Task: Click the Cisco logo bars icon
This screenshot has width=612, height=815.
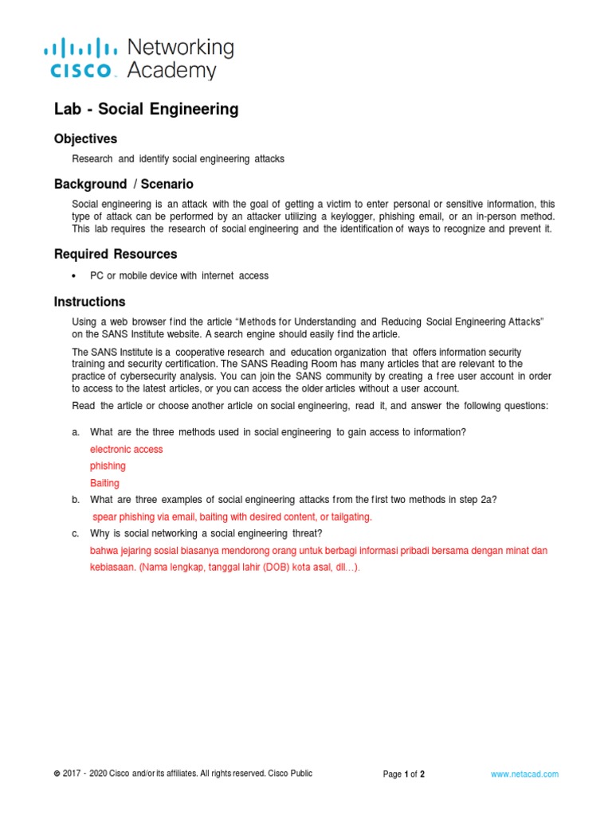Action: coord(80,48)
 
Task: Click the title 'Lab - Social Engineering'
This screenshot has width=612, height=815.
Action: coord(146,109)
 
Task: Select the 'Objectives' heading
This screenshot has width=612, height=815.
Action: coord(85,139)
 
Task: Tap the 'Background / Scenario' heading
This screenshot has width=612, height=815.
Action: coord(124,184)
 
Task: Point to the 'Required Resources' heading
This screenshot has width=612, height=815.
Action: coord(116,254)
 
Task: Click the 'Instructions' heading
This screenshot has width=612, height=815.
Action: coord(89,302)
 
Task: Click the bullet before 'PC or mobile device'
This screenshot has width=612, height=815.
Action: coord(74,276)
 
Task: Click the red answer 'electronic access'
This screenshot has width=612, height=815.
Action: coord(127,450)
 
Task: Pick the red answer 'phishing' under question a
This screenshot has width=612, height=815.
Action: coord(108,466)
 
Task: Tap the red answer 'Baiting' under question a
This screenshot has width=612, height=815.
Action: coord(105,483)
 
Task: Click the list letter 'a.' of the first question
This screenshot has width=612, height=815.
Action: coord(76,432)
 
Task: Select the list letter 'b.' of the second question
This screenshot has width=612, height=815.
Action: coord(76,500)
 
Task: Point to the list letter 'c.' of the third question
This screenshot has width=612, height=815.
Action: coord(76,533)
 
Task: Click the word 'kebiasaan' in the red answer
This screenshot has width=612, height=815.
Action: coord(113,567)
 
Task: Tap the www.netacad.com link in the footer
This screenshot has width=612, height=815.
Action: coord(524,774)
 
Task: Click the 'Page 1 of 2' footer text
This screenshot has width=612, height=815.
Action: coord(404,774)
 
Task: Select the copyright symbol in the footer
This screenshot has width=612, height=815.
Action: coord(57,774)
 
